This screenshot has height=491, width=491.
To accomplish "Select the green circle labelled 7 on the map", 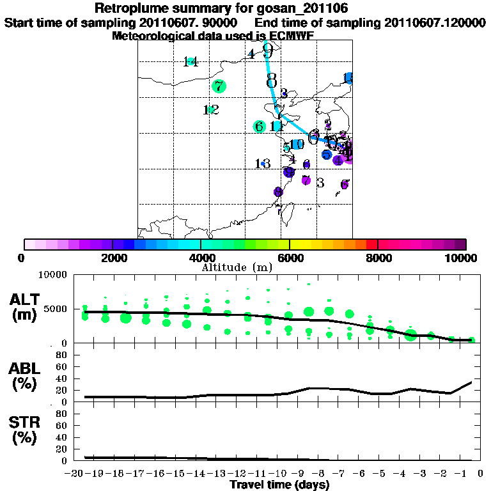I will click(219, 86).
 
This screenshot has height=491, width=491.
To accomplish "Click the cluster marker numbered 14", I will click(191, 61).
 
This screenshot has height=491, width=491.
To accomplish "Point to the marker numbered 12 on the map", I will click(210, 110).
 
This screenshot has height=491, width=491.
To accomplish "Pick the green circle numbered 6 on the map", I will click(259, 127).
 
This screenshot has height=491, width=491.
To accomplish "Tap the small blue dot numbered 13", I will click(263, 164).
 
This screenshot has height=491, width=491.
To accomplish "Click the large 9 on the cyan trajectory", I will click(268, 51).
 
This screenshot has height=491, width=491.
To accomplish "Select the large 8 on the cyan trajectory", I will click(272, 80).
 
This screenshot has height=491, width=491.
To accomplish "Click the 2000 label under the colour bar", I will click(113, 258).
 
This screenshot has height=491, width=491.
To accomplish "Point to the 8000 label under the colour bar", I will click(378, 258).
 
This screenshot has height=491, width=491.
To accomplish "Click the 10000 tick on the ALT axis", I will click(54, 275).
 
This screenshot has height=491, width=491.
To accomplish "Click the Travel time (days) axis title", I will click(279, 485).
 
